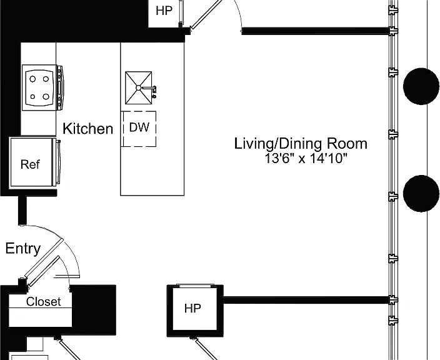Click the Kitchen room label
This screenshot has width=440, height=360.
coord(88,129)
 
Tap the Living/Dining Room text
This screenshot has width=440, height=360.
coord(301,144)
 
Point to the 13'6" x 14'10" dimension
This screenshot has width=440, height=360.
coord(306,159)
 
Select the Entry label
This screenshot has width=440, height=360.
coord(23,249)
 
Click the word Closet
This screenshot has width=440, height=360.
coord(44,302)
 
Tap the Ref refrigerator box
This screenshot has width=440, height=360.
coord(31,162)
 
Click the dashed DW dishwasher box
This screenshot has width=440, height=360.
coord(139,129)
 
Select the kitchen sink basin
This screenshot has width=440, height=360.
coord(138,88)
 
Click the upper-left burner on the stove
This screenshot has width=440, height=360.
coord(32,79)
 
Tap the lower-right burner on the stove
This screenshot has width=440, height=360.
coord(46,97)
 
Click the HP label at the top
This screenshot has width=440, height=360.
coord(164,11)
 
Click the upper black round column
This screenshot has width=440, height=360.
coord(421,86)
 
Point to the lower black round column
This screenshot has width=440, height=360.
coord(421,193)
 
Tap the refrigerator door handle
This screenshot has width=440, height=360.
coord(58,162)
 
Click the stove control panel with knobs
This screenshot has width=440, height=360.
coord(60,87)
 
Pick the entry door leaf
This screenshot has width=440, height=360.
coord(44,258)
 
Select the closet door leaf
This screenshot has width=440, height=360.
coord(44,271)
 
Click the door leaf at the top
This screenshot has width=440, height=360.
coord(206,14)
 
